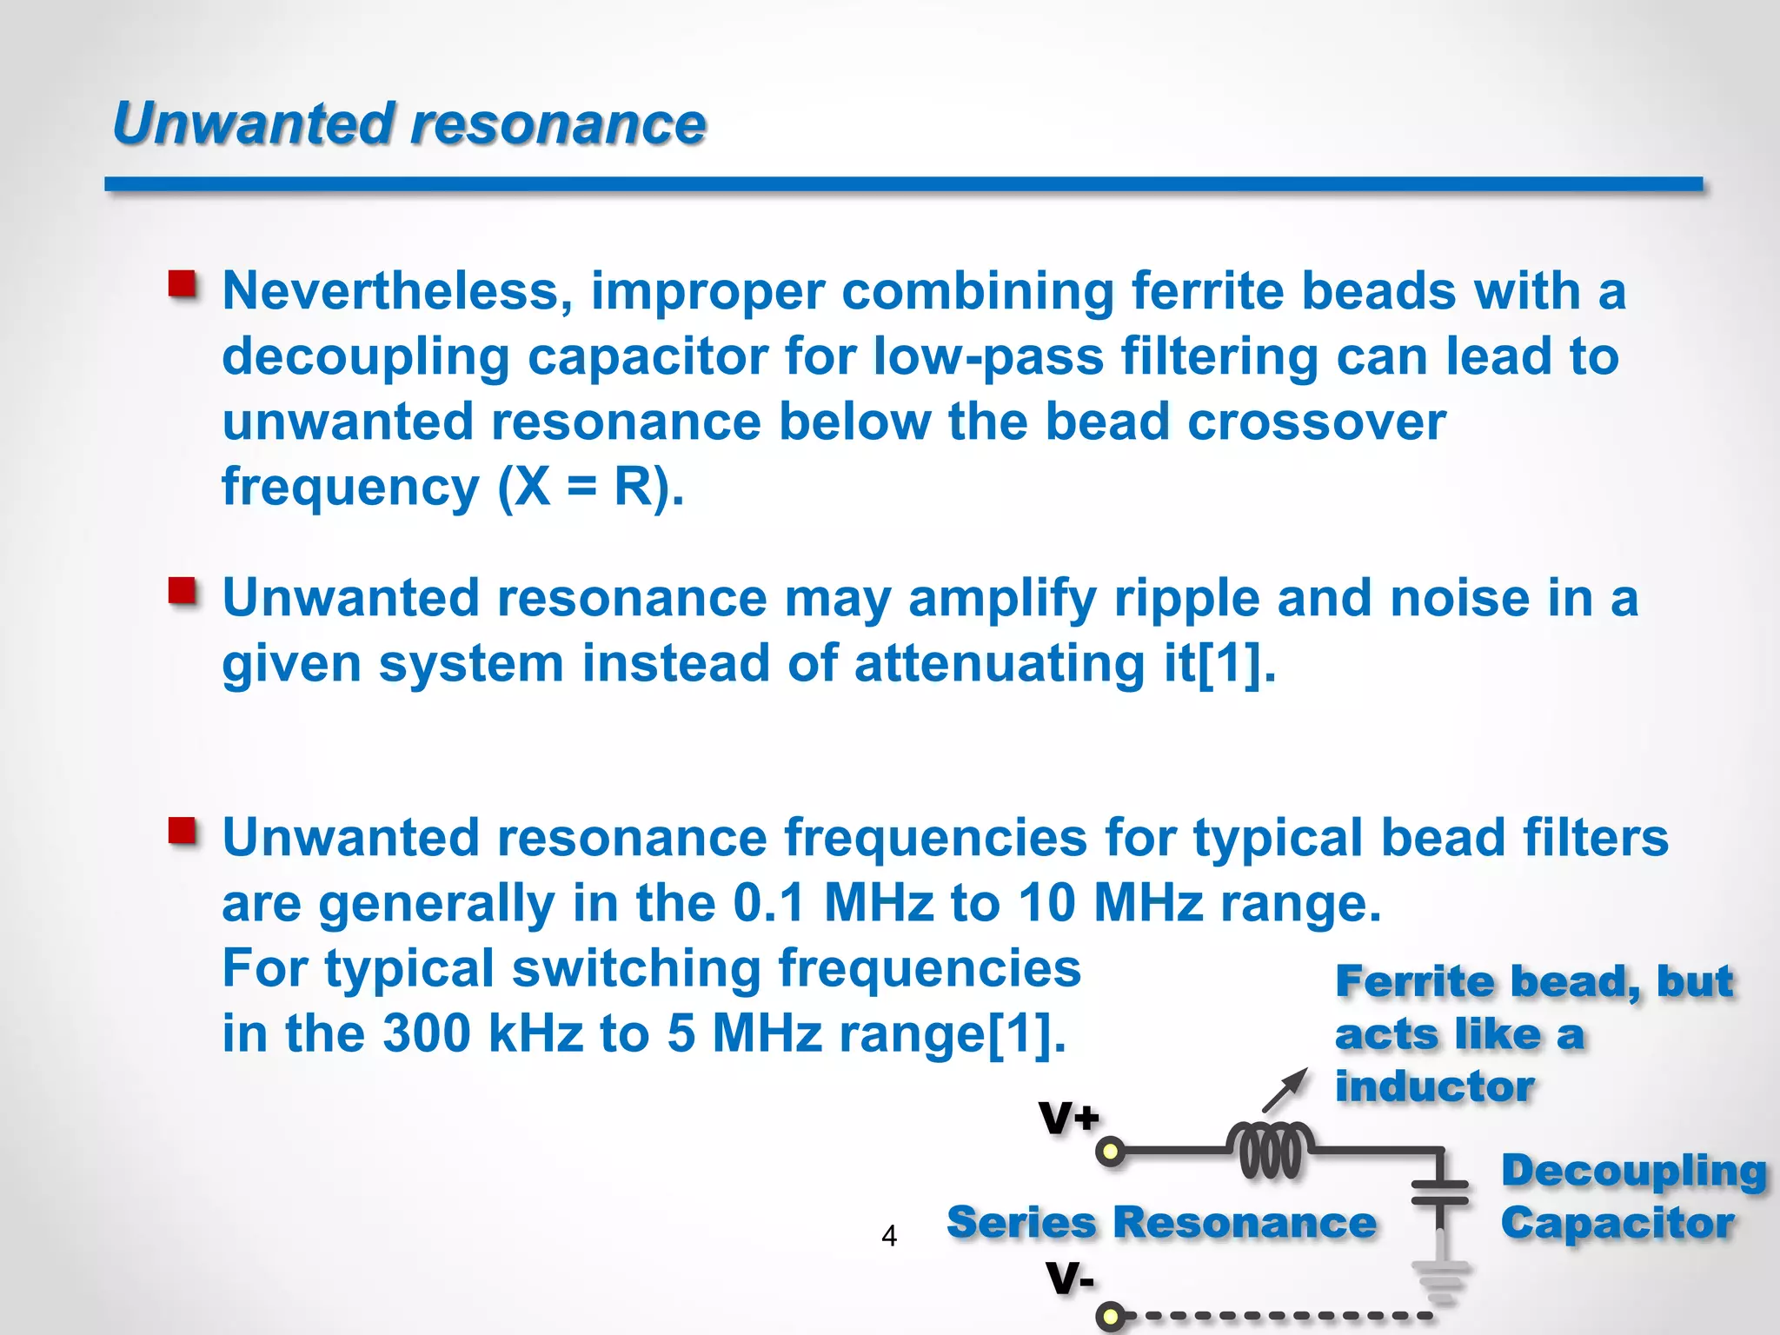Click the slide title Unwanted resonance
[408, 123]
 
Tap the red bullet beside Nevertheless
[183, 284]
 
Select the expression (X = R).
[590, 487]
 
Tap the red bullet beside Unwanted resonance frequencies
[183, 831]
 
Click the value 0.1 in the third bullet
[769, 903]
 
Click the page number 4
[888, 1235]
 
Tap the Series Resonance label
[1161, 1222]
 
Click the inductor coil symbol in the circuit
[1270, 1151]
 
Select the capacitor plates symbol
[1439, 1192]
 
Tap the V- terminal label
[1070, 1278]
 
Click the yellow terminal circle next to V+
[1110, 1152]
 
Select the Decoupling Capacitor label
[1632, 1197]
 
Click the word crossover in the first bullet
[1316, 422]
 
